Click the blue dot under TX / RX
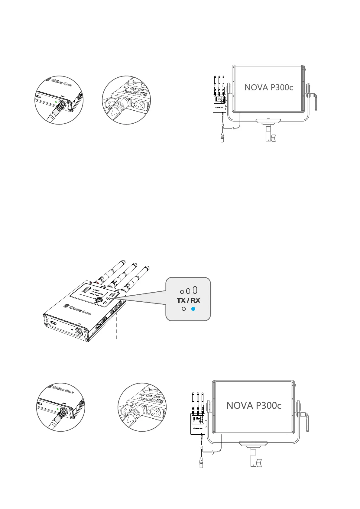click(193, 309)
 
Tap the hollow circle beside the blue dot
click(183, 309)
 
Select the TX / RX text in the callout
click(188, 300)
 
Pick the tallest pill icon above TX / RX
click(195, 290)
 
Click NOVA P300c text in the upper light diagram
click(269, 87)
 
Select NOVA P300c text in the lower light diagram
click(254, 405)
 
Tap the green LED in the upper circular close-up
click(56, 102)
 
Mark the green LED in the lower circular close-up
click(58, 409)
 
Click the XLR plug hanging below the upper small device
click(222, 138)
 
